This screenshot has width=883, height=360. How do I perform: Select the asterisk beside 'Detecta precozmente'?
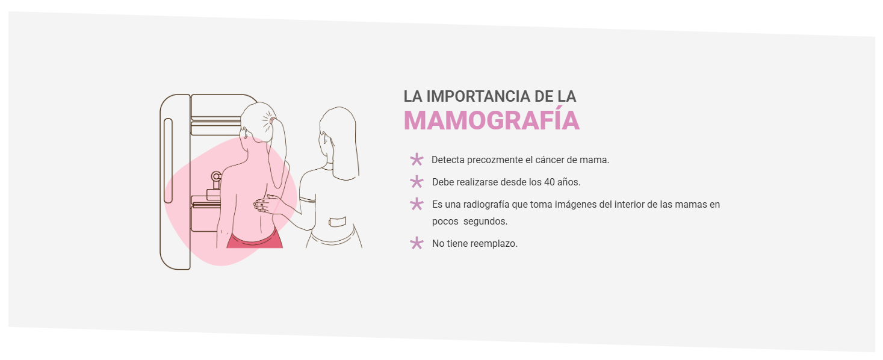click(x=417, y=160)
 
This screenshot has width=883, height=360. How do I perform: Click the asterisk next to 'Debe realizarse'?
click(x=417, y=182)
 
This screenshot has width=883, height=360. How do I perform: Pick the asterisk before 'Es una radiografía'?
click(x=417, y=204)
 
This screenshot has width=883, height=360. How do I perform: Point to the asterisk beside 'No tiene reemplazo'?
click(x=417, y=243)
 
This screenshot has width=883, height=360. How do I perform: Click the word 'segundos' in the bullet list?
click(x=485, y=222)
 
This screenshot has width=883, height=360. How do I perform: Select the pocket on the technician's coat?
click(x=338, y=222)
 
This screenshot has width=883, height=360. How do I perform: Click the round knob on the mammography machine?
click(x=216, y=176)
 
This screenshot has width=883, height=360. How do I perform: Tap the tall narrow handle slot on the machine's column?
click(x=168, y=161)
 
